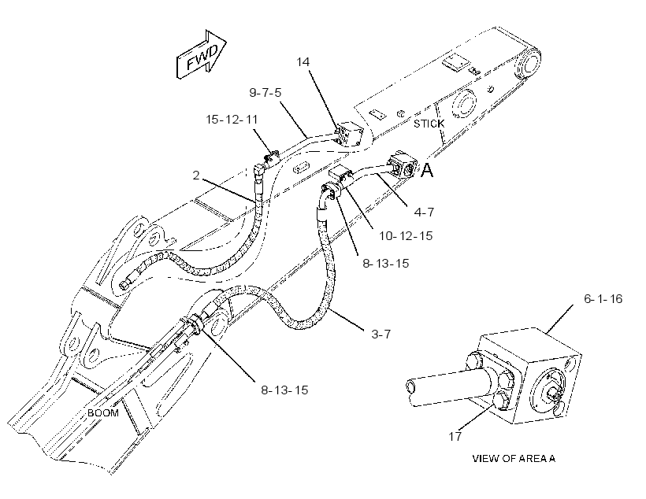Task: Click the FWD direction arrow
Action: point(201,54)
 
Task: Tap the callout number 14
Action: point(303,61)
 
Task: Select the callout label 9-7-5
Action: point(265,92)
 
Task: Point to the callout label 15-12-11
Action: point(232,120)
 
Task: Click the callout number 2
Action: point(196,175)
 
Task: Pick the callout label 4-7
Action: point(424,212)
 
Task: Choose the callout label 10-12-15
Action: point(406,236)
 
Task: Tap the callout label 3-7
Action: point(381,334)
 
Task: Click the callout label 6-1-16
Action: point(603,298)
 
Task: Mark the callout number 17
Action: point(455,436)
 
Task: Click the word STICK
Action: point(429,124)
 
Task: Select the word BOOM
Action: point(103,413)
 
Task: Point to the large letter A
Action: point(427,170)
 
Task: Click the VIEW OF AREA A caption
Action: point(514,458)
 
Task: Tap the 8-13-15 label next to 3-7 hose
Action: point(385,263)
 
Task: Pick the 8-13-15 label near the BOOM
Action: point(284,390)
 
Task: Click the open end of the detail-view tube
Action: point(410,387)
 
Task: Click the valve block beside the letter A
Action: point(403,164)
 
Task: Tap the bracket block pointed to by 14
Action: point(348,133)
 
